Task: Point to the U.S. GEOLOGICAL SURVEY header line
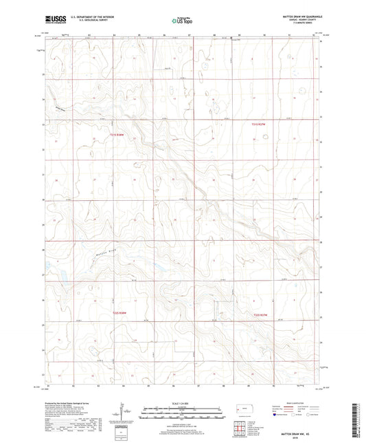(x=87, y=21)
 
